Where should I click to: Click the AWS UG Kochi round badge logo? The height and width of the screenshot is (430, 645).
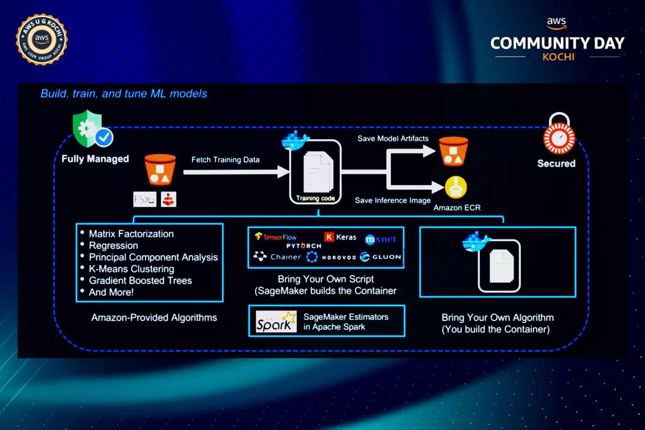(42, 40)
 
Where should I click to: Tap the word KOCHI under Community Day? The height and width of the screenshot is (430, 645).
(558, 57)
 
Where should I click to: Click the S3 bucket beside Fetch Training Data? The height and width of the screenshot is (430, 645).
(160, 169)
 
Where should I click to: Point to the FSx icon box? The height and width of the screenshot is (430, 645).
(145, 199)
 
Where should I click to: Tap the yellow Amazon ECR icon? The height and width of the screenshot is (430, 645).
(456, 187)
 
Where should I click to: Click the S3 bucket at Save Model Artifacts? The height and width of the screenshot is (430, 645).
(453, 152)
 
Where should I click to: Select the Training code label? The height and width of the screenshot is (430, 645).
(315, 198)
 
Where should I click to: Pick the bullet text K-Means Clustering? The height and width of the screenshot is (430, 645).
(131, 269)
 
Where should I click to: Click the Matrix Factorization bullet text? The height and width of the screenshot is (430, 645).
(131, 234)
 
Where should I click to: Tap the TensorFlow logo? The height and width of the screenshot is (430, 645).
(276, 237)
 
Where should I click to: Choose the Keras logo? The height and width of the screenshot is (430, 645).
(340, 237)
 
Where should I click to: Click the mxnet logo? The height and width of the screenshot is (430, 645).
(380, 239)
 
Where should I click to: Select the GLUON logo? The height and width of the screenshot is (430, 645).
(381, 257)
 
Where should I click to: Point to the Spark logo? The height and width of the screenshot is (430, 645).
(276, 322)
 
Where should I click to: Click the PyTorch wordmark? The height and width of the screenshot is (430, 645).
(304, 246)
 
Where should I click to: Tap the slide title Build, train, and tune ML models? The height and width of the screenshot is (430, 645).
(124, 94)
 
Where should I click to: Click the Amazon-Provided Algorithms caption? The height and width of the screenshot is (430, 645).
(154, 318)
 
